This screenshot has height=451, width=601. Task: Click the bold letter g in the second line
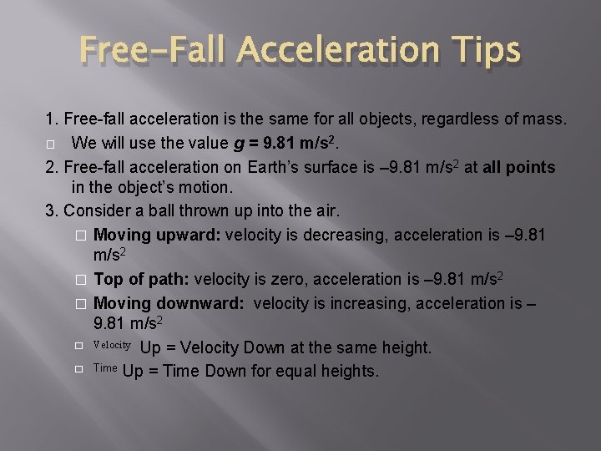click(x=240, y=144)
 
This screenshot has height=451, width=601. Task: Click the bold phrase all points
click(x=518, y=167)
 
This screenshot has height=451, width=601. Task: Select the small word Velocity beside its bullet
click(x=112, y=345)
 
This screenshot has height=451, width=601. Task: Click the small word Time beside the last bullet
click(x=105, y=367)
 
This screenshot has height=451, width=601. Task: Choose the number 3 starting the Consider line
click(x=49, y=209)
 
